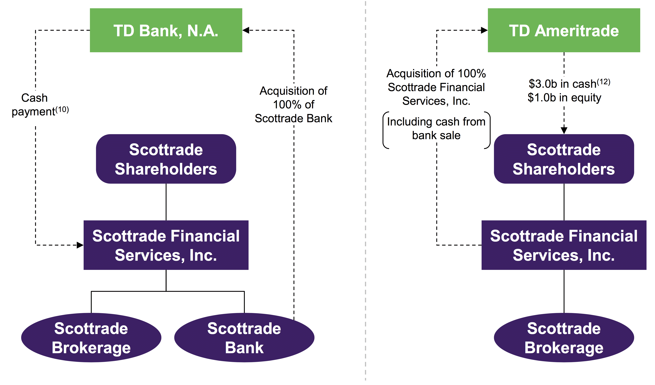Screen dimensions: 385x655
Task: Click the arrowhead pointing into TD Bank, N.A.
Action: coord(246,30)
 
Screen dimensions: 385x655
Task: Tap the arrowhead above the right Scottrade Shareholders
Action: coord(564,130)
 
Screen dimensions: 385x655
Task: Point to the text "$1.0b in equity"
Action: coord(564,98)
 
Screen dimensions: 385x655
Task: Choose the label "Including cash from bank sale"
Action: coord(436,128)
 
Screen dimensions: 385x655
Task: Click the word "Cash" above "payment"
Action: coord(34,98)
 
